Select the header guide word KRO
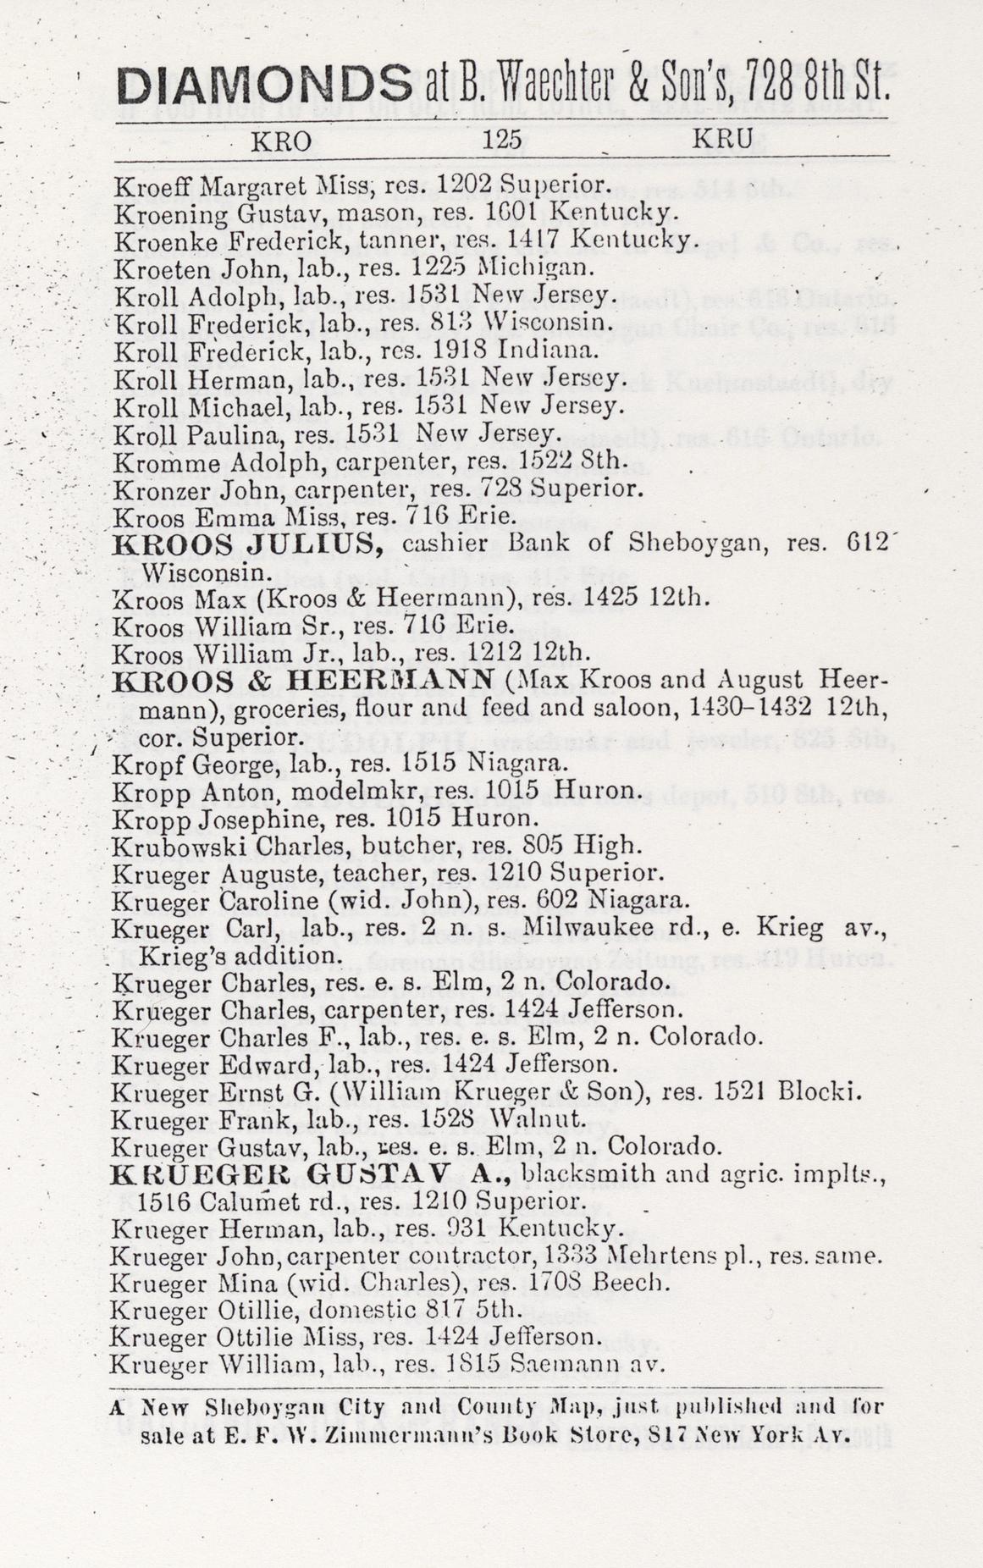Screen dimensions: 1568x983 (x=281, y=141)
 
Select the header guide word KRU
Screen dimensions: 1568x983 (x=723, y=140)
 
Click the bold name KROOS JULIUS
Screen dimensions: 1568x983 (x=248, y=544)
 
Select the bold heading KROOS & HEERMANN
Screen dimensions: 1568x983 (x=303, y=680)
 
